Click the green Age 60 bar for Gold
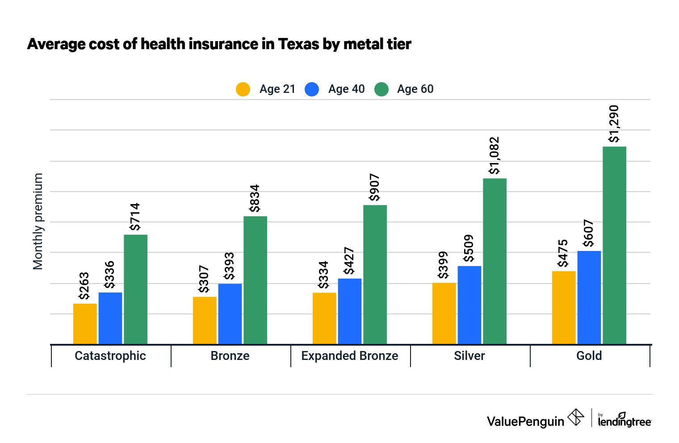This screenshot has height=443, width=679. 614,245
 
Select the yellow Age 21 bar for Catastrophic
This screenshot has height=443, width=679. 85,324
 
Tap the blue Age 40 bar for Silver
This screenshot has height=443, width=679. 469,305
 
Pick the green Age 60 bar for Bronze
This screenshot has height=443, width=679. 255,280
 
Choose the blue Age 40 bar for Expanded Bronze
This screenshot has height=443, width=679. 350,311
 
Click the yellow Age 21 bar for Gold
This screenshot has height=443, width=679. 564,308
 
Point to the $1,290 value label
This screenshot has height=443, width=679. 614,124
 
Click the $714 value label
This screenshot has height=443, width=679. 135,217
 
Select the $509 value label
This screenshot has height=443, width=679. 469,248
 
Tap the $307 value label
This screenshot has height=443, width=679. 204,279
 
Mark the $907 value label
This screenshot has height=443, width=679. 374,188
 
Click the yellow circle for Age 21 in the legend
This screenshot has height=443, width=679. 243,89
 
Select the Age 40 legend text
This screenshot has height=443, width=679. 346,89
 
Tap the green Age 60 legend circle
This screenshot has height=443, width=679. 381,89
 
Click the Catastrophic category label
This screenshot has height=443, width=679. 110,356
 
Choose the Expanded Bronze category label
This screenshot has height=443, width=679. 350,356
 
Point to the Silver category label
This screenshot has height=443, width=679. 469,356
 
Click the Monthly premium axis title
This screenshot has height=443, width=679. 38,221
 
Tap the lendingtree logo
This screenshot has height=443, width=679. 624,419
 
